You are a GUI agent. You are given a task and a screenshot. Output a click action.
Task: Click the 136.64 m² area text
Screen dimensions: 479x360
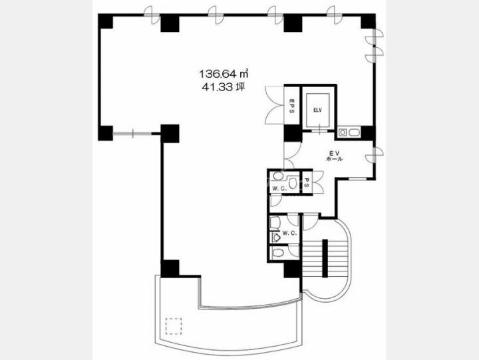click(x=224, y=74)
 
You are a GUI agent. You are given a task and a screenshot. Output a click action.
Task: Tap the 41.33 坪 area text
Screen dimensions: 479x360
click(x=224, y=87)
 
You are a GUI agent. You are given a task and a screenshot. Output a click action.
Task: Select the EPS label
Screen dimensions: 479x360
click(x=291, y=106)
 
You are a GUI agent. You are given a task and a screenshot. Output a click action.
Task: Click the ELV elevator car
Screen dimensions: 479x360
click(x=318, y=110)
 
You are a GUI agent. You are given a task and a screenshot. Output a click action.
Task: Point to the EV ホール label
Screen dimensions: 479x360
click(x=334, y=156)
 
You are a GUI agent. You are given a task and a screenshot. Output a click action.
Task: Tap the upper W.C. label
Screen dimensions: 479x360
click(x=279, y=188)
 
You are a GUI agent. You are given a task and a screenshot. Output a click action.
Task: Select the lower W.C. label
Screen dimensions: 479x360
click(x=289, y=233)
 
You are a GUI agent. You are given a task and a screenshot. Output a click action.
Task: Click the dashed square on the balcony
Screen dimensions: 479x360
click(x=174, y=326)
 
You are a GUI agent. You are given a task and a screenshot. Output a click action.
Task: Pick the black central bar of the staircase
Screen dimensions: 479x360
click(x=325, y=258)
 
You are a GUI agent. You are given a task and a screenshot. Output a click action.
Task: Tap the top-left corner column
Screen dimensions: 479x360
click(x=106, y=21)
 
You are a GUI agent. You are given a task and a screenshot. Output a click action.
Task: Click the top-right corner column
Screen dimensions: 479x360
click(x=368, y=21)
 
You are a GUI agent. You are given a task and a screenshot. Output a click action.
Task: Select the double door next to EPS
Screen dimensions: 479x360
click(x=275, y=105)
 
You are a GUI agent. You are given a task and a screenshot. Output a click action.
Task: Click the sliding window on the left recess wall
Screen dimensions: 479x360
click(x=132, y=133)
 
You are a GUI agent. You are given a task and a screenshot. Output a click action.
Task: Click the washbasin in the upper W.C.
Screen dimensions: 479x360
click(x=278, y=176)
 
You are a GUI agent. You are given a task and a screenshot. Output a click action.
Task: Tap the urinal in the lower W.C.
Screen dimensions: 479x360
click(x=276, y=238)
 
